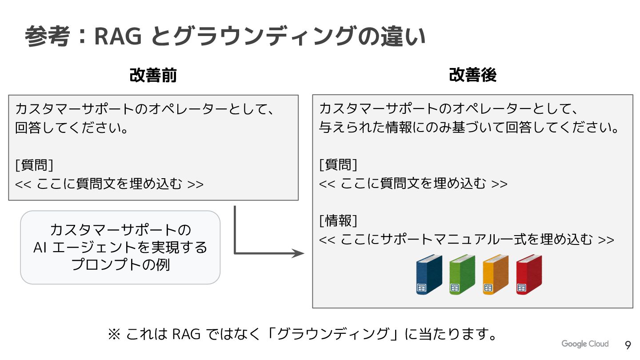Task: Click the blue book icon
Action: [x=429, y=275]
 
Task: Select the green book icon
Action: [x=462, y=275]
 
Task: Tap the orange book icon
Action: [x=496, y=275]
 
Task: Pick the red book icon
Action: [x=529, y=275]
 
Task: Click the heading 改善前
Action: [x=153, y=76]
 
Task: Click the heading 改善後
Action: [x=472, y=76]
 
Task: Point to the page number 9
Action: [x=628, y=345]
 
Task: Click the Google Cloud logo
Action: [x=584, y=344]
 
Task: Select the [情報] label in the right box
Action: [x=338, y=220]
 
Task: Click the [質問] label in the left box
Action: [x=34, y=165]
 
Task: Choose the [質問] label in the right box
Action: [x=338, y=165]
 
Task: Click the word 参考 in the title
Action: [x=48, y=37]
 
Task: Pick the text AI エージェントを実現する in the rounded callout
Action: [x=120, y=248]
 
